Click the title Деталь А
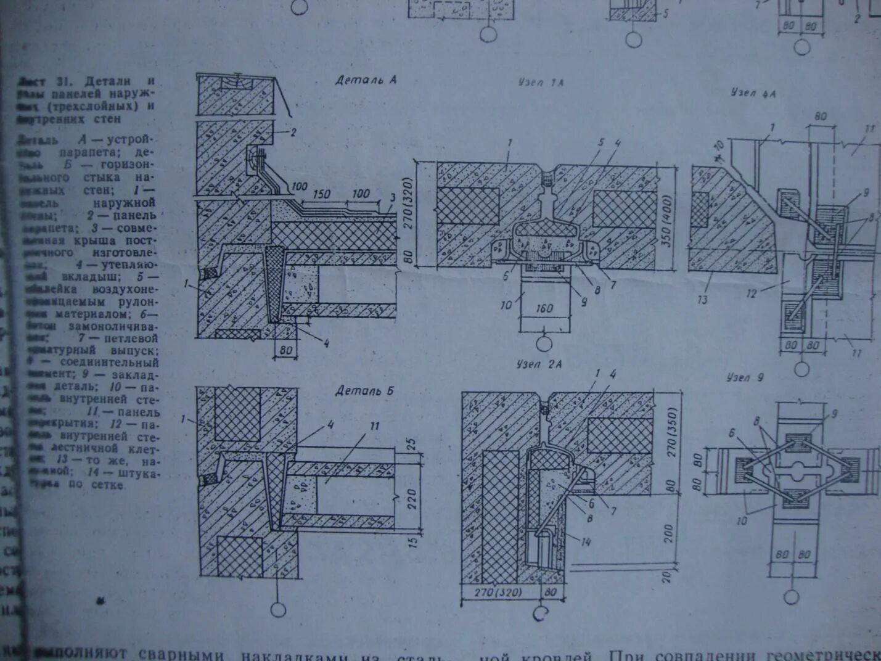366,80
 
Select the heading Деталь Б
364,391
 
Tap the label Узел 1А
541,82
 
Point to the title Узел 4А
753,93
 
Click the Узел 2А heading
539,364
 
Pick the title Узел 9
745,377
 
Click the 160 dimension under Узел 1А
544,309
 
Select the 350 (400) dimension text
666,220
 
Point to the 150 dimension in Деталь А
321,194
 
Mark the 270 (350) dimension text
672,431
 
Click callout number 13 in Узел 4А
702,300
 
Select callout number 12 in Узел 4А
752,294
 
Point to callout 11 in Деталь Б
374,426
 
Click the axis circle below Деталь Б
278,609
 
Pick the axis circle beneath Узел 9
791,597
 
